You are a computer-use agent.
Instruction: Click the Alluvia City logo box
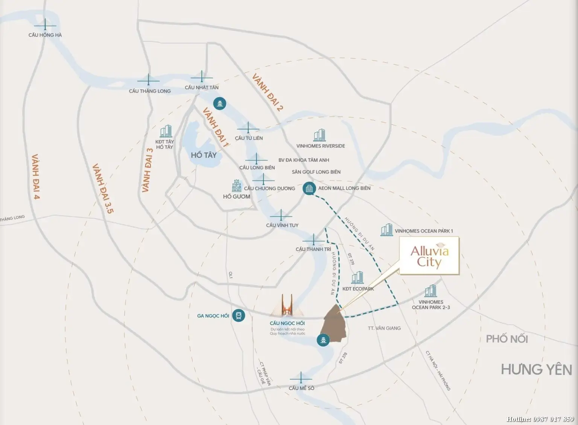click(429, 256)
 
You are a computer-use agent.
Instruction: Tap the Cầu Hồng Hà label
click(45, 35)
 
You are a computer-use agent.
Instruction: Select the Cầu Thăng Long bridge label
click(150, 91)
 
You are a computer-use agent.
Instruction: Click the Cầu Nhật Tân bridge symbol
click(202, 77)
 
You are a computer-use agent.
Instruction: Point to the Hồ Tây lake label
click(204, 155)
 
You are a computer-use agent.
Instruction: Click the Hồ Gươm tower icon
click(237, 186)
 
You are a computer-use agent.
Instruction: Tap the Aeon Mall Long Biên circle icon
click(309, 188)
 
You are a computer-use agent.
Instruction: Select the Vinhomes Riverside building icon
click(319, 135)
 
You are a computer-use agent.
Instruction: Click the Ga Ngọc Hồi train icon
click(238, 316)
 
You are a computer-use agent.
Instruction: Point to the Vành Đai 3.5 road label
click(103, 188)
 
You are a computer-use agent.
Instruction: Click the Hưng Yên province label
click(536, 369)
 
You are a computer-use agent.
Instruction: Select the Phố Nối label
click(507, 339)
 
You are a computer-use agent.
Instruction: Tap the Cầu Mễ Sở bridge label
click(301, 388)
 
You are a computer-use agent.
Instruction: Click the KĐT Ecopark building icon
click(357, 278)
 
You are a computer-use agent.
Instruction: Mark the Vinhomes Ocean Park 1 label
click(424, 231)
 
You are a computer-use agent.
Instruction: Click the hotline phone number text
click(540, 419)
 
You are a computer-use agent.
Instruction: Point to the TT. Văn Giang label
click(384, 328)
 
